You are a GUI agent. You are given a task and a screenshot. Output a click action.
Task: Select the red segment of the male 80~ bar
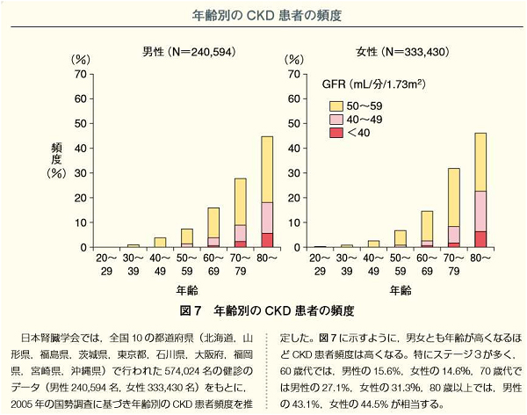tap(267, 240)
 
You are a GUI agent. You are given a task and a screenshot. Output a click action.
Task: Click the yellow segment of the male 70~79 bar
tap(240, 201)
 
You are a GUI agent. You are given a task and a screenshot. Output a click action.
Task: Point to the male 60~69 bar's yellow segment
tap(213, 222)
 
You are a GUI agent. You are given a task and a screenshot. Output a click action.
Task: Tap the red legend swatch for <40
tap(334, 132)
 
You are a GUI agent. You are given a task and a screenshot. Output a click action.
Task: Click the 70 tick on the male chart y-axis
tap(81, 74)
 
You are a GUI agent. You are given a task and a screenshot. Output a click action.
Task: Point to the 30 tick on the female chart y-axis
tap(297, 173)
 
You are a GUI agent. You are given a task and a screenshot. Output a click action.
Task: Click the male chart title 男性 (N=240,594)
tap(189, 52)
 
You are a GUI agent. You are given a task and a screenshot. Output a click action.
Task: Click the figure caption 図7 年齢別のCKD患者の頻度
tap(264, 311)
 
